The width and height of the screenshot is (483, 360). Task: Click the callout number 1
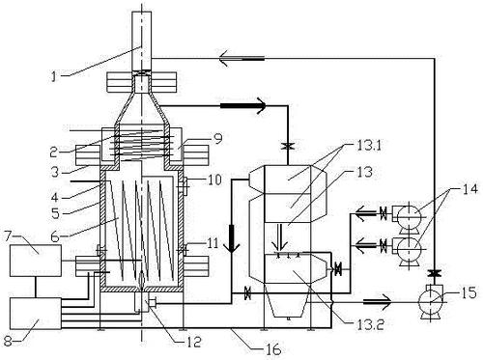[55, 76]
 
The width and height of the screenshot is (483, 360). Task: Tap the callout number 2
[54, 152]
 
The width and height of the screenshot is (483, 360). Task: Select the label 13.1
[369, 146]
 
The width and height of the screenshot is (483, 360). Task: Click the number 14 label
[469, 188]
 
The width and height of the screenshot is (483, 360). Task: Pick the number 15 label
[469, 292]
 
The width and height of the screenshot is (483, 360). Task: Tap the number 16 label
[273, 349]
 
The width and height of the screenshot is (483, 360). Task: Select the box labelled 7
[36, 261]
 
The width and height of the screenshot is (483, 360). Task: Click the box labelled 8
[36, 314]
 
